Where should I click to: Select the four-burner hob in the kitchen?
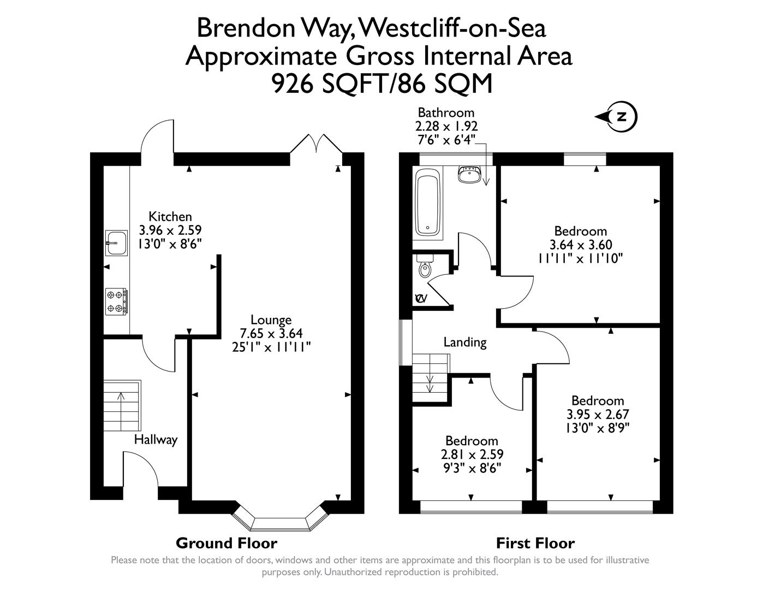pos(117,302)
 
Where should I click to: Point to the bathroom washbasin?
pos(469,175)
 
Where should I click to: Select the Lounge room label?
pos(271,320)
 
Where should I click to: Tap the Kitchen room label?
pos(170,216)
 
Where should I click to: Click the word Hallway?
pos(156,439)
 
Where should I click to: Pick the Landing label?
pos(464,343)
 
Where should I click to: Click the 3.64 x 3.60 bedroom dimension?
pos(580,245)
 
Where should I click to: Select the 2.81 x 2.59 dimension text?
pos(472,454)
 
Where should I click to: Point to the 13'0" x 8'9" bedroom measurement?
pos(598,428)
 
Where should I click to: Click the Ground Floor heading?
pos(226,543)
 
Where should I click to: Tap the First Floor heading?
pos(535,543)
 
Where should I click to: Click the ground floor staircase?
pos(122,406)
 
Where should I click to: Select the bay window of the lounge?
pos(279,522)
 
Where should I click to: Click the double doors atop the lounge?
pos(316,145)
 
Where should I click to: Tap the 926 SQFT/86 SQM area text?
pos(381,84)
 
